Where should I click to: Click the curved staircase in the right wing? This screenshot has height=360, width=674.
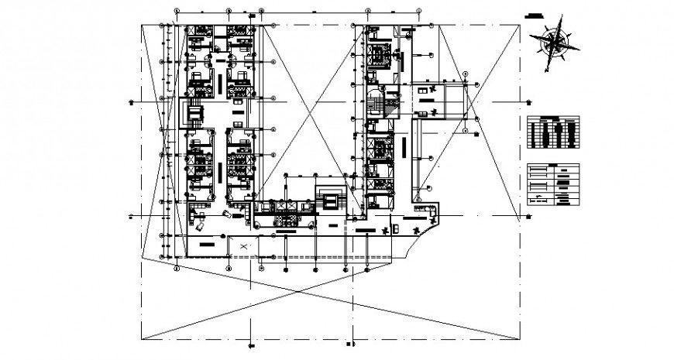click(378, 101)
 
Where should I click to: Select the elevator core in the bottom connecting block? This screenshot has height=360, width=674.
click(330, 201)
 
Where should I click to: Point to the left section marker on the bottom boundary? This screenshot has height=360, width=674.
click(251, 345)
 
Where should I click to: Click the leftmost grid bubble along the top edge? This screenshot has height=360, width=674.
click(177, 12)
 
